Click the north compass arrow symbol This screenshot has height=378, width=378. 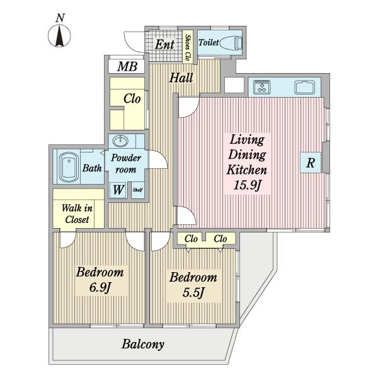59,36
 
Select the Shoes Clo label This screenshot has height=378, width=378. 188,47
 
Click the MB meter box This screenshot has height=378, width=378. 127,66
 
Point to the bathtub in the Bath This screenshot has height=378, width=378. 69,168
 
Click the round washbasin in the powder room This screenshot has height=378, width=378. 120,141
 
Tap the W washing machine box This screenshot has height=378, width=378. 118,190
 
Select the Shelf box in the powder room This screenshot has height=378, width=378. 138,190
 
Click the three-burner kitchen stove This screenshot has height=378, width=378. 261,87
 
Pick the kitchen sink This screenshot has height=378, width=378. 305,87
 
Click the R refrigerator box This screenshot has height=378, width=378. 311,163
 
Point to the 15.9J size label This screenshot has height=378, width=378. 248,185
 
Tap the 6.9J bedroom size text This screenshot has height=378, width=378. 100,287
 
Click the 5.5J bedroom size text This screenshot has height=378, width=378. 193,293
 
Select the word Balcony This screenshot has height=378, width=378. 143,344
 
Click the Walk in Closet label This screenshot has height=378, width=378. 77,214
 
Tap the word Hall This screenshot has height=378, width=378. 181,78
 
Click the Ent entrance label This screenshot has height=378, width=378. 164,45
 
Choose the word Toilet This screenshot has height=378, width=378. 209,43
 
